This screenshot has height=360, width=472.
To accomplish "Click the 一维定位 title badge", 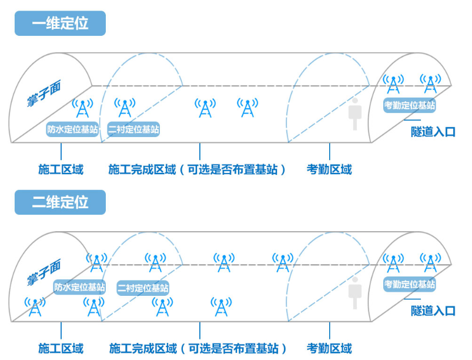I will click(x=60, y=24).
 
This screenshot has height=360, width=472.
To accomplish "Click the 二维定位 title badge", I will click(x=60, y=202).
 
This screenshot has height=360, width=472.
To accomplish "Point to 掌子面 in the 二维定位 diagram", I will click(x=43, y=272).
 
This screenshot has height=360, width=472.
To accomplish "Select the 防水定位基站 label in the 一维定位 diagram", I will click(x=72, y=129).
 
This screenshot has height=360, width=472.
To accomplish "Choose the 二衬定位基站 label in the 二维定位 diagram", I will click(x=143, y=288).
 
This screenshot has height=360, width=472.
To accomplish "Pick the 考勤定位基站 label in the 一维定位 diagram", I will click(x=410, y=106).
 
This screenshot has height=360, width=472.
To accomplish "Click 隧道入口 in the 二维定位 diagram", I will click(x=433, y=311).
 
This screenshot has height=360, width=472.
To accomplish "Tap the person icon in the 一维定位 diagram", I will click(x=354, y=114).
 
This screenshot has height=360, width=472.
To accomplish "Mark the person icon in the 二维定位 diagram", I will click(x=354, y=293).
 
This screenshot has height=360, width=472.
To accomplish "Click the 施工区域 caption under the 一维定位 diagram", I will click(x=61, y=170).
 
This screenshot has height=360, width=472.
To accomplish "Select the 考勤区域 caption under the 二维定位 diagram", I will click(x=329, y=348).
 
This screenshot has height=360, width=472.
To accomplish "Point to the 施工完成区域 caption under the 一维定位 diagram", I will click(x=197, y=170).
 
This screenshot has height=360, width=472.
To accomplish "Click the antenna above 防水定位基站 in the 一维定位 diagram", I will click(x=83, y=108).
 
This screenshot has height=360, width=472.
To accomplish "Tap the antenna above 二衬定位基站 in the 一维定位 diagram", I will click(x=125, y=108).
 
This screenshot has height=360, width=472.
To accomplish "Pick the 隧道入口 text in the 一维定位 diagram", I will click(x=433, y=132).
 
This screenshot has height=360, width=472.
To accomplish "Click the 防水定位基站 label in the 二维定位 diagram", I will click(x=79, y=287).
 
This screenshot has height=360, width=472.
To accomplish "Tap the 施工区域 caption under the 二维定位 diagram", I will click(x=61, y=348).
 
